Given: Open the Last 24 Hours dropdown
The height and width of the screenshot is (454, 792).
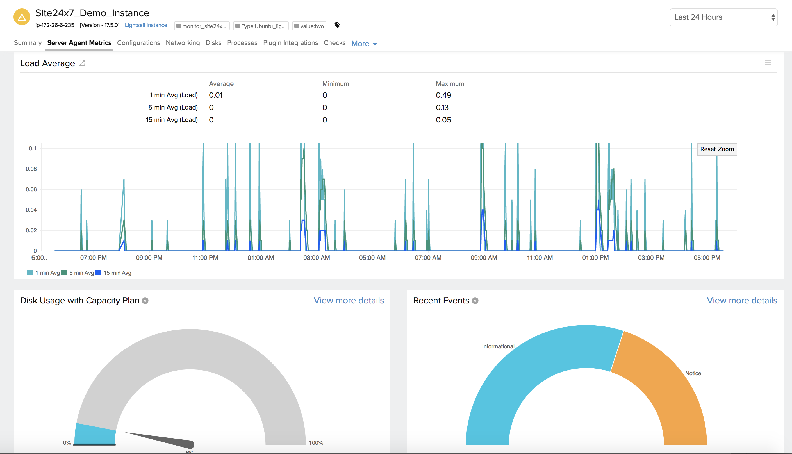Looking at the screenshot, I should [x=723, y=17].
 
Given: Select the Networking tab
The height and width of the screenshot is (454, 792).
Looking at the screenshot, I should [x=183, y=43].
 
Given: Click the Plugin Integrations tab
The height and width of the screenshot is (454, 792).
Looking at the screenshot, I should [x=290, y=43].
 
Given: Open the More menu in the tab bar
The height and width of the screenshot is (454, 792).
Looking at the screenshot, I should [x=364, y=44].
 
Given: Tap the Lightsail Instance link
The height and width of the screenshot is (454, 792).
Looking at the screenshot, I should [x=146, y=25].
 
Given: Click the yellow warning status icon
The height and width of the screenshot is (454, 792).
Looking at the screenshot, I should [x=22, y=17].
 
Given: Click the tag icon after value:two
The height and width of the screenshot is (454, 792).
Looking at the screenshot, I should [x=337, y=25].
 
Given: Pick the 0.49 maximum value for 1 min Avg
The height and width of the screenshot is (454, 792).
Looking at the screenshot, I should [x=443, y=95].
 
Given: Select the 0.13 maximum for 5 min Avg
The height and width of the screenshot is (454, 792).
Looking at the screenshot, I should [x=442, y=108].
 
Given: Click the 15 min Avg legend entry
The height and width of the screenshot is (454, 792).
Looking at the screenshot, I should [x=114, y=273].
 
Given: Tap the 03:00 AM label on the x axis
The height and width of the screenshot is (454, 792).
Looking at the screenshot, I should [x=316, y=258].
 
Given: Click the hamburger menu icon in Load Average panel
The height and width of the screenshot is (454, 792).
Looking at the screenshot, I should [x=768, y=63].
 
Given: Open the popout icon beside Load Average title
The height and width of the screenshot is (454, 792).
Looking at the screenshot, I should [x=82, y=63].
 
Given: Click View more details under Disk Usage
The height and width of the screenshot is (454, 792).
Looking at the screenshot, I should [x=349, y=301].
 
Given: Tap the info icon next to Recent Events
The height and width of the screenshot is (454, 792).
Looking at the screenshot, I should [x=475, y=301].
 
